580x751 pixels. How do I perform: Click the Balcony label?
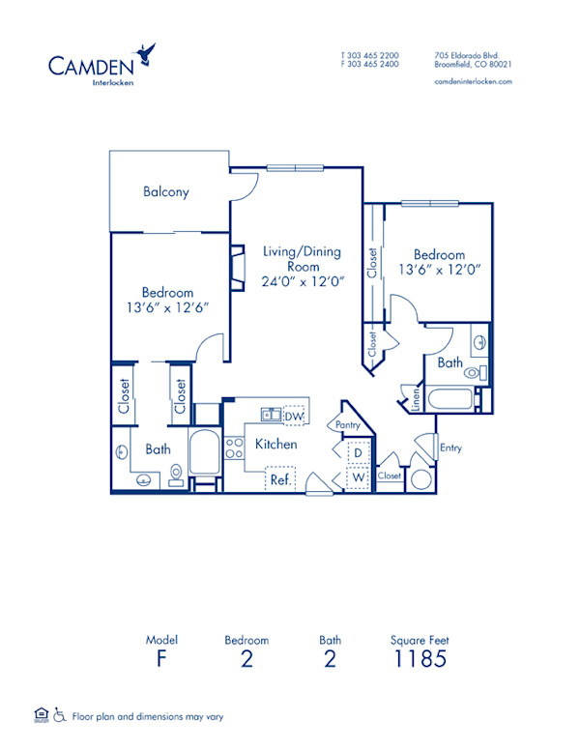(x=166, y=191)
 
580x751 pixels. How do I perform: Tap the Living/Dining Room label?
(x=302, y=259)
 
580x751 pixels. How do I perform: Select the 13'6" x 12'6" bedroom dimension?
(x=167, y=307)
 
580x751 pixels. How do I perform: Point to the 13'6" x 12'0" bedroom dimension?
(x=439, y=271)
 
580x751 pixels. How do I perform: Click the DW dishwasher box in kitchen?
(x=294, y=416)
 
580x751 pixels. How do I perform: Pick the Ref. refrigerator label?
(x=281, y=478)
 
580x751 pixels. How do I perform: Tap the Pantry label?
(x=348, y=424)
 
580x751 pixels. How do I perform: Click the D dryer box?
(x=357, y=452)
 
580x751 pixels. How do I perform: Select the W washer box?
(x=357, y=477)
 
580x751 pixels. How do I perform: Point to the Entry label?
(x=450, y=448)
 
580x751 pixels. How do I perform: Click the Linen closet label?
(x=417, y=398)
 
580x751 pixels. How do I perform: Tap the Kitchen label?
(x=275, y=445)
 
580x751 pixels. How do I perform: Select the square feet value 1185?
(x=420, y=660)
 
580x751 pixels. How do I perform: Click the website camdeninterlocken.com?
(x=474, y=82)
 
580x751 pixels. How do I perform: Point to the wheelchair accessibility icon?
(x=59, y=716)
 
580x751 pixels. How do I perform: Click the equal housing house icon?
(x=40, y=715)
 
